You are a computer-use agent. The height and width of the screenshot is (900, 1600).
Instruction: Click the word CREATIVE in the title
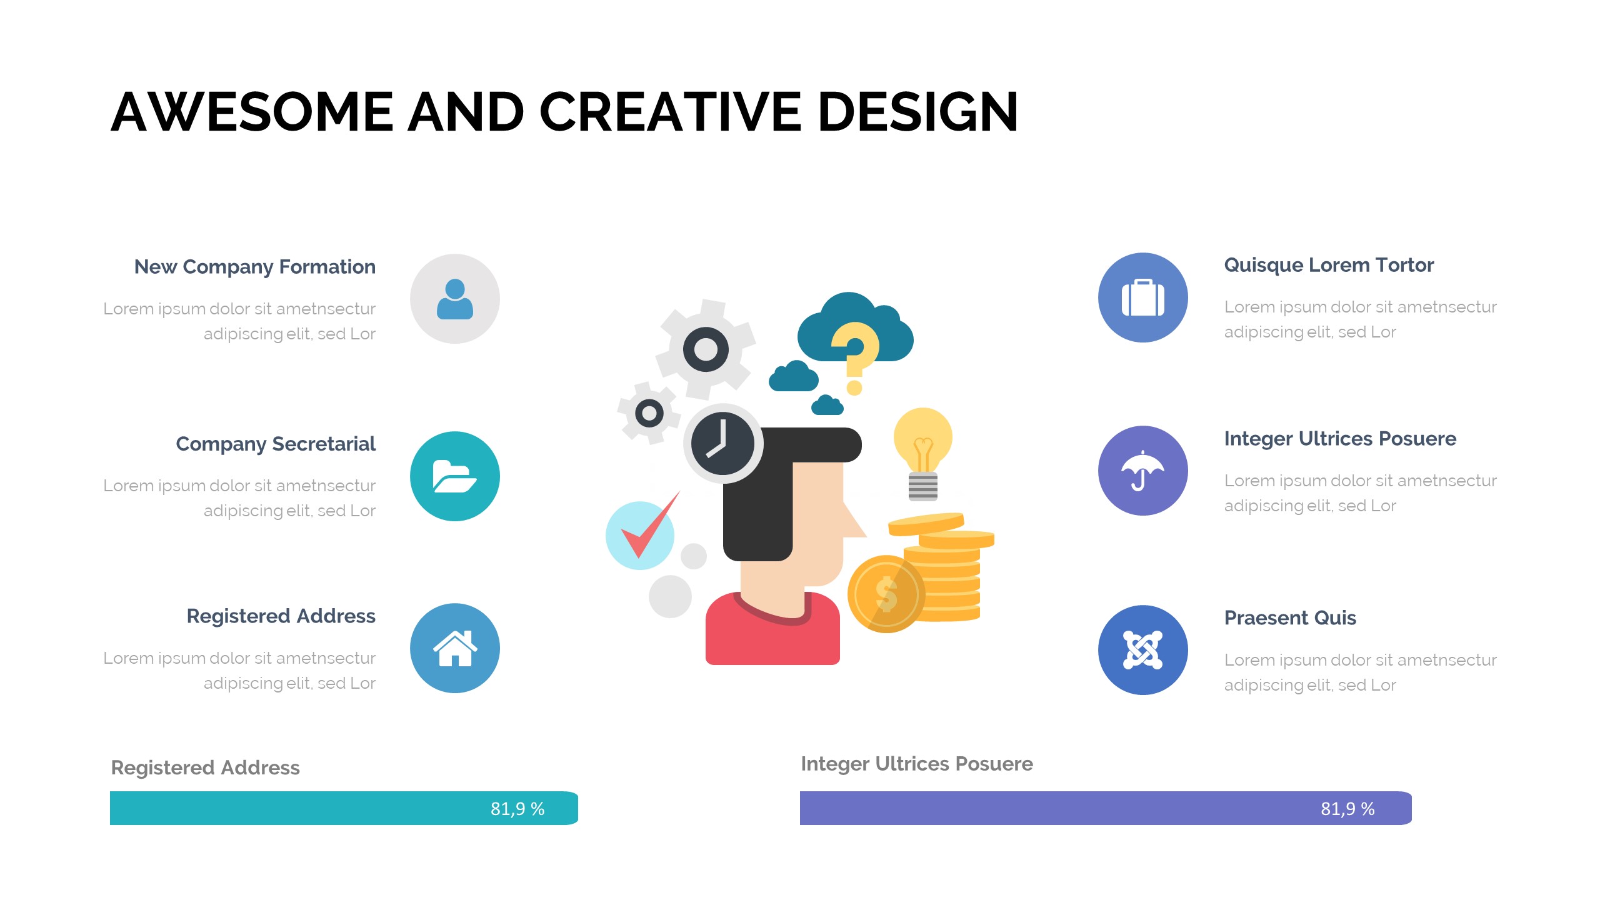pos(670,112)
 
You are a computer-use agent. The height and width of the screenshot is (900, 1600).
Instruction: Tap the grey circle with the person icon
pos(455,299)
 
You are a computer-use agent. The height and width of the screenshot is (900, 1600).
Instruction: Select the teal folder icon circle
pos(455,476)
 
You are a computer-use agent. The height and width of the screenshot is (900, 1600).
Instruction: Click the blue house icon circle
pos(455,648)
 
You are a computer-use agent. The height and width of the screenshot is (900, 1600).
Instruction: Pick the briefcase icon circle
pos(1143,297)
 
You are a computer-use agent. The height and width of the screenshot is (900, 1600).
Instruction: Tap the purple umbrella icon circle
pos(1143,471)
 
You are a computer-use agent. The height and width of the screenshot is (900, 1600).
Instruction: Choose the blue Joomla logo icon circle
pos(1143,650)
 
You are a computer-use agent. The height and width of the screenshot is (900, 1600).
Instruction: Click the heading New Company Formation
pos(255,267)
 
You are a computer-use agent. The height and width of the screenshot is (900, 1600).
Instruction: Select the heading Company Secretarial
pos(276,444)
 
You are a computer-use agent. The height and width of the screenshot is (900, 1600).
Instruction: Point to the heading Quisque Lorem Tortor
pos(1329,266)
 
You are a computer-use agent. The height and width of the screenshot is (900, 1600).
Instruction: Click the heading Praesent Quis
pos(1290,618)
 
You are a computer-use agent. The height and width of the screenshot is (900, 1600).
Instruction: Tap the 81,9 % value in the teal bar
pos(517,809)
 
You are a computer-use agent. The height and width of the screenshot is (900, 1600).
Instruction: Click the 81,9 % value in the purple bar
pos(1347,809)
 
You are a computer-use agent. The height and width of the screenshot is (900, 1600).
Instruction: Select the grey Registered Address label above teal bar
pos(205,767)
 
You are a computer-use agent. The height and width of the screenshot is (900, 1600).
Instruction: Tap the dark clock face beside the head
pos(723,444)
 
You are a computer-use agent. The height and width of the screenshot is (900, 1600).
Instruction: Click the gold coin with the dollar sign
pos(886,594)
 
